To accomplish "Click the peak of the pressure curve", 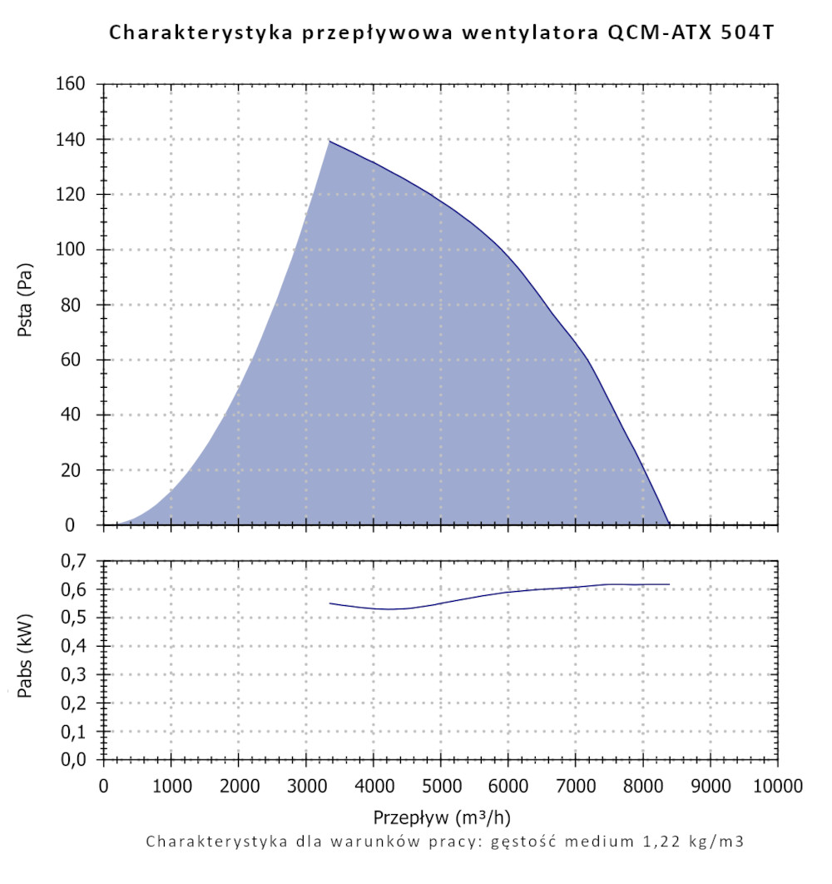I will [329, 141].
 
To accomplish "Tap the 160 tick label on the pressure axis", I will [72, 84].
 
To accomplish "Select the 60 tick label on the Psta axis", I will [78, 360].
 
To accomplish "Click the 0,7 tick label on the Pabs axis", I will [73, 561].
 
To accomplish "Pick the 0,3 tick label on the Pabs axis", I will [73, 675].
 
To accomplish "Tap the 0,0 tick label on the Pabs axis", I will [73, 760].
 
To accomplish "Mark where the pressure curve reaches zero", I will [669, 524].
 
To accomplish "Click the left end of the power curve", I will [330, 603].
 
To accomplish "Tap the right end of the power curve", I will [669, 584].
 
